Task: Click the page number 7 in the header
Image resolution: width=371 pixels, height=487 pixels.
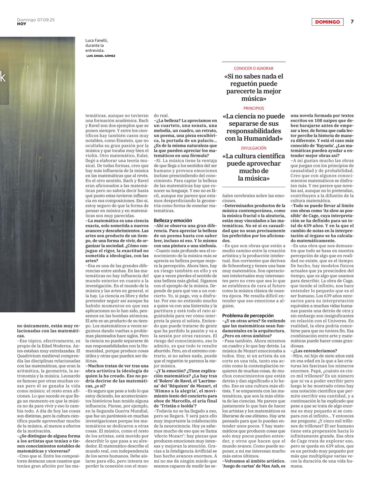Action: click(x=352, y=22)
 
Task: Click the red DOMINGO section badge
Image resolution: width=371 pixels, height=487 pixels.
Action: click(x=327, y=22)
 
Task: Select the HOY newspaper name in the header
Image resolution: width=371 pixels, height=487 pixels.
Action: click(x=21, y=24)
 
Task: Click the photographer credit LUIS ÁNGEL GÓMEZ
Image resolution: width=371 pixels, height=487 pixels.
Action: click(x=101, y=56)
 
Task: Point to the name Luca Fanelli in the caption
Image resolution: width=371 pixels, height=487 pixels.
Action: click(x=96, y=40)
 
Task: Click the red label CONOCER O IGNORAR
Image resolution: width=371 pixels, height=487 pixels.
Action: click(x=254, y=68)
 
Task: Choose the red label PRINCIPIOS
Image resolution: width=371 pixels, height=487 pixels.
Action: click(x=254, y=109)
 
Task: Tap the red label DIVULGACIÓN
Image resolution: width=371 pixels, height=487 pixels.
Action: click(x=254, y=148)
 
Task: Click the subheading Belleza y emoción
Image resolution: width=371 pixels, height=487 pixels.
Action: click(x=173, y=220)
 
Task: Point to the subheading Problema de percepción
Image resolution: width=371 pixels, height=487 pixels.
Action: click(x=248, y=316)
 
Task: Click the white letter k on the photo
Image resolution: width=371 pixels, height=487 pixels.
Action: click(x=2, y=78)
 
